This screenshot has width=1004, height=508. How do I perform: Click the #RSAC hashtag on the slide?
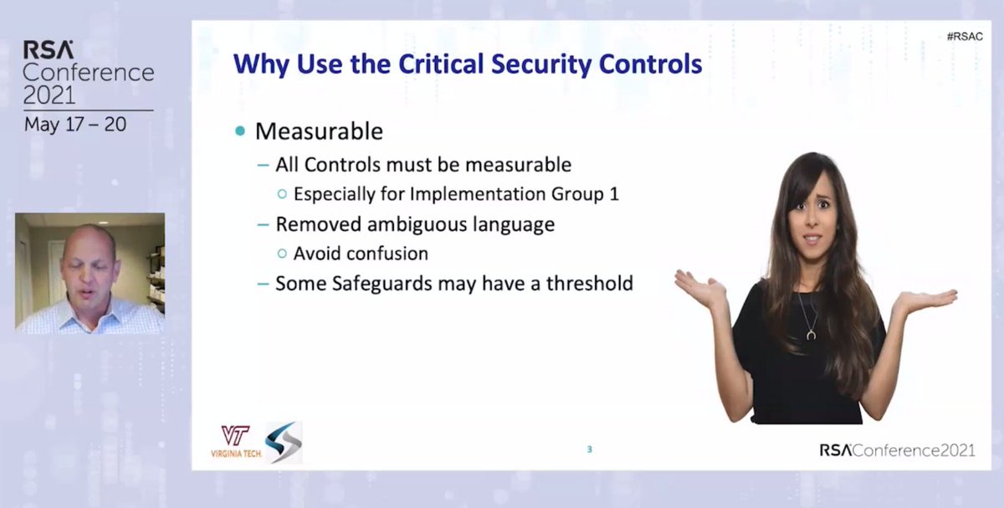965,37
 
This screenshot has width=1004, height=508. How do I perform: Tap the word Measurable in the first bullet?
319,131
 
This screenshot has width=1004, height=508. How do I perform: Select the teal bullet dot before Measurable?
241,132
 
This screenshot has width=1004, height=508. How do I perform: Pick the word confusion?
392,254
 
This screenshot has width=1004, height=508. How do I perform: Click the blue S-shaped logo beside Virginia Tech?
283,442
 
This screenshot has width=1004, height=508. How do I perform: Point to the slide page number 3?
589,449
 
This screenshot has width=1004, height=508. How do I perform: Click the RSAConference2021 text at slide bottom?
897,450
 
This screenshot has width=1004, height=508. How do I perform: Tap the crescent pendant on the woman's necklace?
810,334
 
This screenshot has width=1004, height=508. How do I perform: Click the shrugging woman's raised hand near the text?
700,289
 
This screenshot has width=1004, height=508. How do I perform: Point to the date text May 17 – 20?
74,125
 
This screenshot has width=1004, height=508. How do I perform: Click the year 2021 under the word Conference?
49,95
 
